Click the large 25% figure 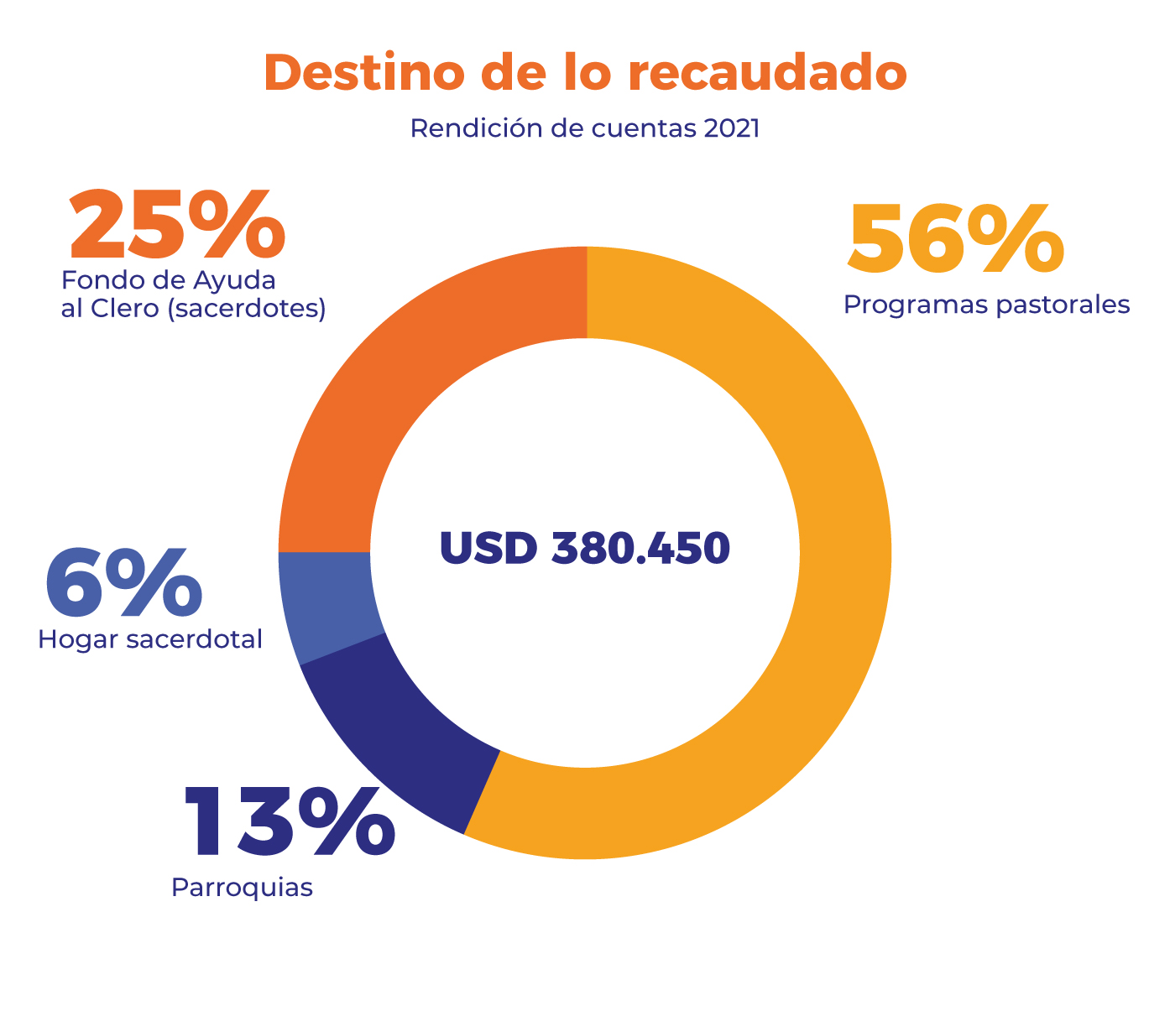(x=177, y=225)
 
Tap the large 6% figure (x=123, y=583)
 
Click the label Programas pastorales (x=986, y=304)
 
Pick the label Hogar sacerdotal (x=150, y=639)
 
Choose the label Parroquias (x=242, y=887)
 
